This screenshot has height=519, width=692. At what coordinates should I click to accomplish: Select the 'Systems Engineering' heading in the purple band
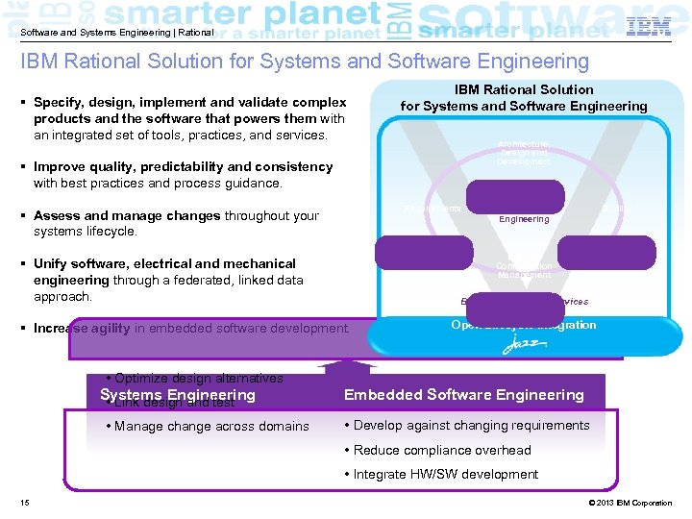point(178,395)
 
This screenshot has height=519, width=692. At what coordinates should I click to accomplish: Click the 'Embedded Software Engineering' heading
point(464,395)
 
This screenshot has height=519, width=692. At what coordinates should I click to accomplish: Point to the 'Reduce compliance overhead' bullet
point(442,450)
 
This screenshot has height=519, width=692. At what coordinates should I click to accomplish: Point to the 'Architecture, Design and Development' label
point(524,153)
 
